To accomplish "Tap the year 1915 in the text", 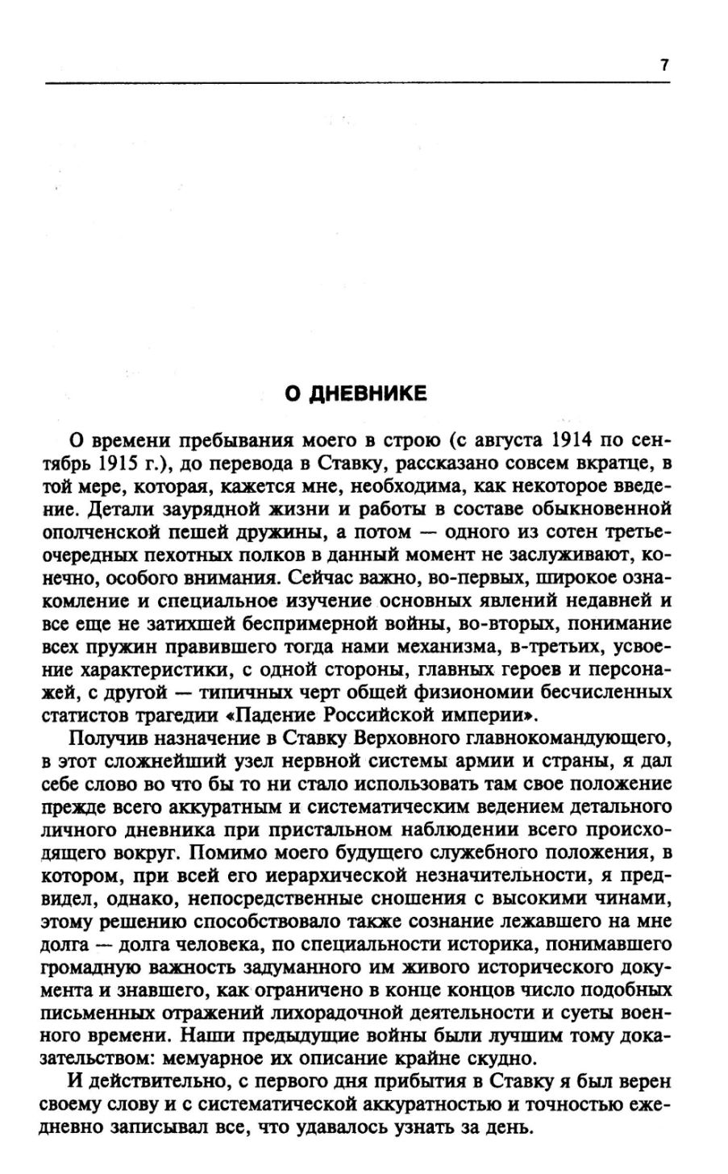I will click(x=127, y=464).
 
